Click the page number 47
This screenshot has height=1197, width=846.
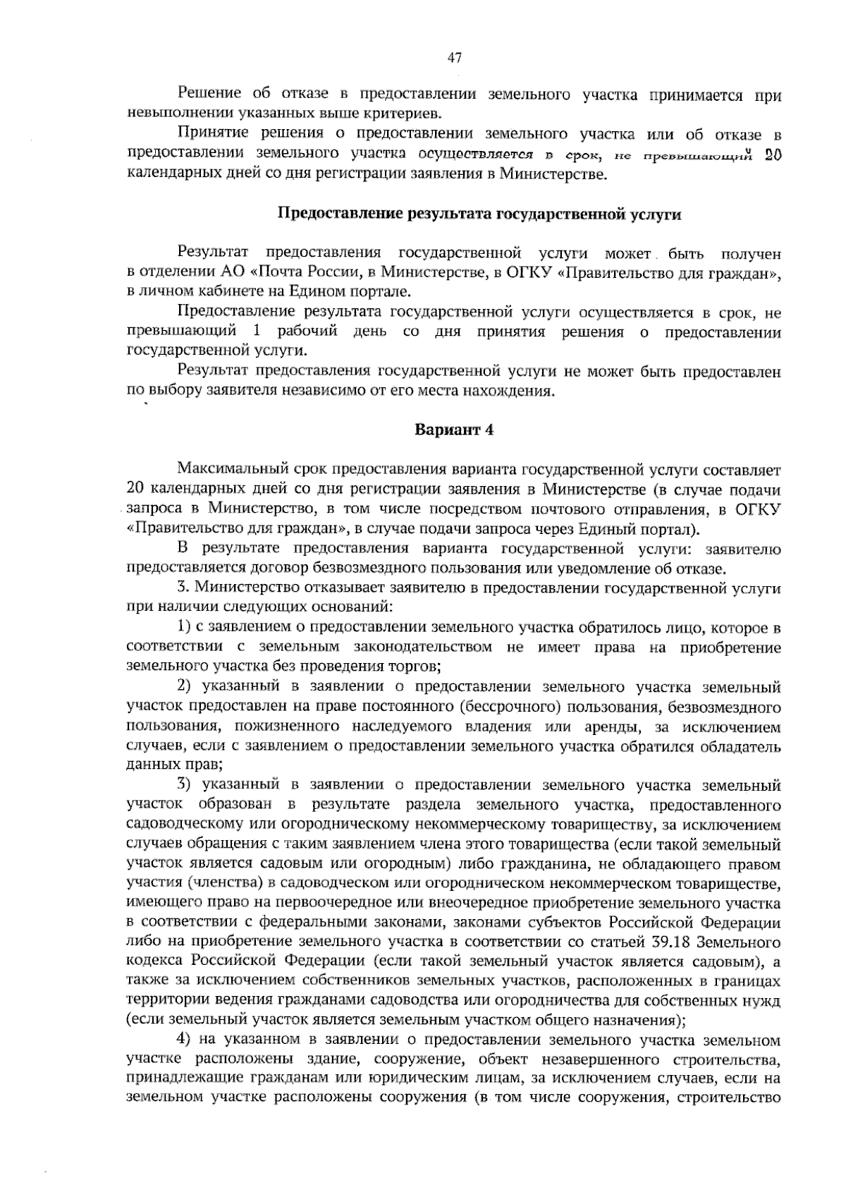click(454, 58)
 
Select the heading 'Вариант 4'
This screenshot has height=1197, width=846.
click(453, 430)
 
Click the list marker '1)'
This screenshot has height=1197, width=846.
click(185, 626)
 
